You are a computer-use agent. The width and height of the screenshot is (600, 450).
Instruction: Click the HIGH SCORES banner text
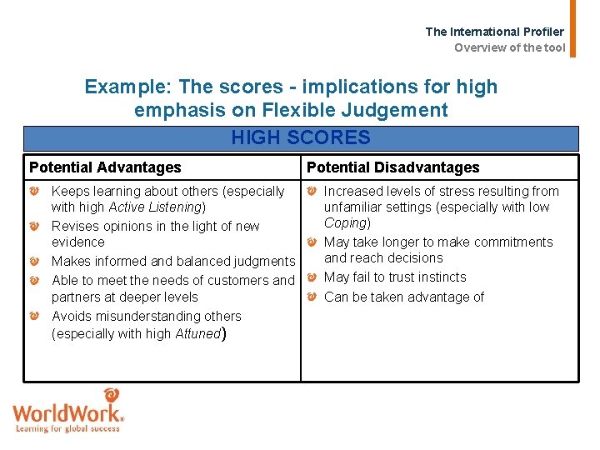coord(300,137)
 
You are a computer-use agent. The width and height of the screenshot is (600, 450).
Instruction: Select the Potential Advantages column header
coord(105,167)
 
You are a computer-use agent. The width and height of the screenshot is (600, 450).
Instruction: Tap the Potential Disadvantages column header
coord(393,167)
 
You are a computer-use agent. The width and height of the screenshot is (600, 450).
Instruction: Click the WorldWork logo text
coord(68,414)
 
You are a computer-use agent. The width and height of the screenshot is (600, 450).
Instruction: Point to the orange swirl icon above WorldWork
coord(111,396)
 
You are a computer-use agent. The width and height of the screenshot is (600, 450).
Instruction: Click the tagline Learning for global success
coord(68,429)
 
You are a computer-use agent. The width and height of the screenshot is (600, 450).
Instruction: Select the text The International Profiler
coord(494,32)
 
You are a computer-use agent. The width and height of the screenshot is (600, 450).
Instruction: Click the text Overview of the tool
coord(509,47)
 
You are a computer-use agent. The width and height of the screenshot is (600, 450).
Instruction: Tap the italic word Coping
coord(346,223)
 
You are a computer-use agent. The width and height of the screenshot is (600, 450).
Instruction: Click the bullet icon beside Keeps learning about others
coord(35,192)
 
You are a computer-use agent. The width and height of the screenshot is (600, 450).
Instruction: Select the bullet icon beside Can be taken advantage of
coord(311,297)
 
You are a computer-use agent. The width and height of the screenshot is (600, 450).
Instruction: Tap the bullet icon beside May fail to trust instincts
coord(311,277)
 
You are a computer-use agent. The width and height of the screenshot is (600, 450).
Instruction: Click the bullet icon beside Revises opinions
coord(35,227)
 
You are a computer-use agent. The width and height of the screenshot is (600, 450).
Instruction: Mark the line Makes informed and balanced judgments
coord(173,262)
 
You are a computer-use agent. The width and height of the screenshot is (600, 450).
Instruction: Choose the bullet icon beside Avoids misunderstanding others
coord(35,317)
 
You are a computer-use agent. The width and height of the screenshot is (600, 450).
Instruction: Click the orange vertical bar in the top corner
coord(572,28)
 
